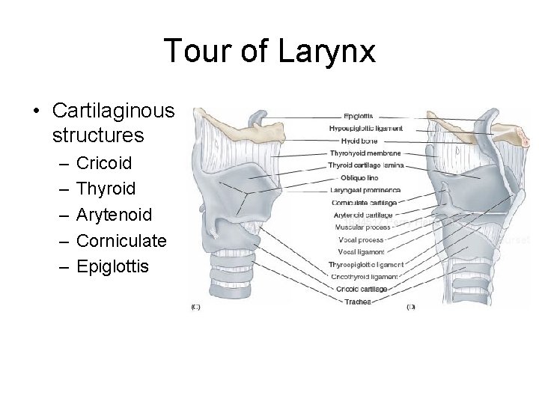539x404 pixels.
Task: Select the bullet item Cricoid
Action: [103, 162]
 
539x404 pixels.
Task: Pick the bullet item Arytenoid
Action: [115, 215]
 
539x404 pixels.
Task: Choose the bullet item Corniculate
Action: [121, 241]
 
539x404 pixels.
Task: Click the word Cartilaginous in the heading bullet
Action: [114, 111]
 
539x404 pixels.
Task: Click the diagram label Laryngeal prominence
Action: [366, 190]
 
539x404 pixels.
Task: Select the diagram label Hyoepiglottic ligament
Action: [366, 128]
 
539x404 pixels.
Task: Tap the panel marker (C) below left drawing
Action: [196, 306]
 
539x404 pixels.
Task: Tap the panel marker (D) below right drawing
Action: [411, 306]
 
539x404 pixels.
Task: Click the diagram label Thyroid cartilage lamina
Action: [366, 165]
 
